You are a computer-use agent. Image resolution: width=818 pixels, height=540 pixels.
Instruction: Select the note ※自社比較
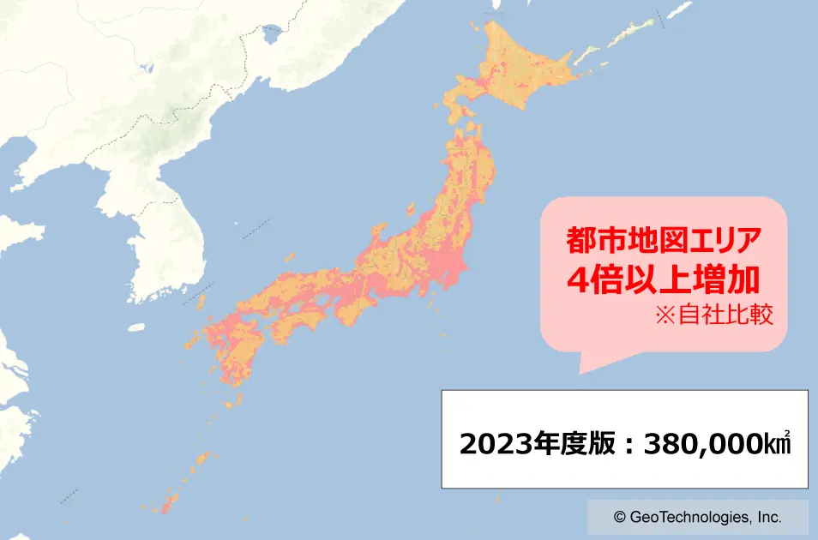[x=714, y=315]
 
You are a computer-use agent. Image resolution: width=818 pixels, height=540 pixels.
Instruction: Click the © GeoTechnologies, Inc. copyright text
[x=697, y=518]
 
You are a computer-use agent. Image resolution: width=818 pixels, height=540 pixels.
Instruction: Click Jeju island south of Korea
[x=135, y=327]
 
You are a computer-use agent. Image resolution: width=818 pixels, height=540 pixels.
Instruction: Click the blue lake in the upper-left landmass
[x=273, y=35]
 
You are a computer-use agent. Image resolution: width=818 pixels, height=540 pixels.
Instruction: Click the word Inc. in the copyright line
[x=769, y=518]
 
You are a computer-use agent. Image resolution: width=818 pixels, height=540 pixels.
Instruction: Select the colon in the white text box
[x=629, y=444]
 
